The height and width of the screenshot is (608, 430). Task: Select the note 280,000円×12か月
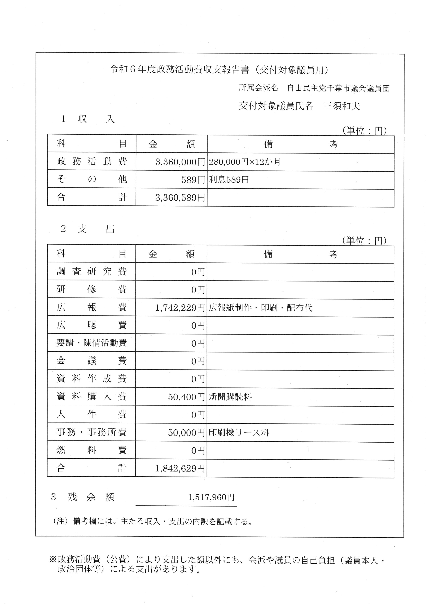pos(244,162)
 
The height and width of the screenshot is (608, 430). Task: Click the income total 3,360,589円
pos(180,197)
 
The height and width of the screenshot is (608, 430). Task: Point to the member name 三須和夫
pos(342,106)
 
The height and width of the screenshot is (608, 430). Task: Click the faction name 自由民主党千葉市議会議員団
pos(338,88)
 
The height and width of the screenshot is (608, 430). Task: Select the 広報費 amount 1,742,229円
pos(180,308)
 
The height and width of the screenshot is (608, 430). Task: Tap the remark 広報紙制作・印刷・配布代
pos(261,308)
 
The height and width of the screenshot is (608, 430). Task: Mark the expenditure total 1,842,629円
pos(180,468)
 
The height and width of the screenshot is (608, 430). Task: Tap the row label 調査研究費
pos(92,272)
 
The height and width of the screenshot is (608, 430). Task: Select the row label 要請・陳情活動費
pos(92,343)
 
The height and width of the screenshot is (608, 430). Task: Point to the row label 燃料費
pos(92,450)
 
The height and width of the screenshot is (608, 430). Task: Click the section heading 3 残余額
pos(82,497)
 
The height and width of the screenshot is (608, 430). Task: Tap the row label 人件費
pos(92,414)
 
